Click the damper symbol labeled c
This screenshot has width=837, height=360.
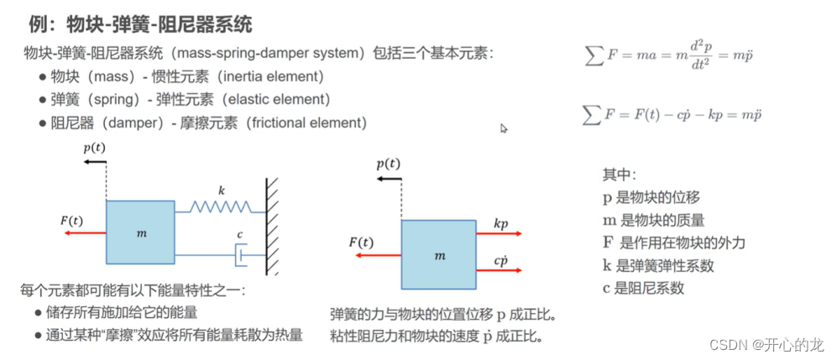pyautogui.click(x=240, y=250)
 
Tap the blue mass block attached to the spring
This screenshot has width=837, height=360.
pyautogui.click(x=140, y=231)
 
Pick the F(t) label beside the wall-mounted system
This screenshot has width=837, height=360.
pyautogui.click(x=71, y=221)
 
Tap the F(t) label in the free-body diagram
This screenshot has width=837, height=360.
pyautogui.click(x=361, y=243)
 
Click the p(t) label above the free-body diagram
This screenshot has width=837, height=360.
pyautogui.click(x=388, y=164)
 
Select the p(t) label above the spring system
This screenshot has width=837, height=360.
pyautogui.click(x=95, y=148)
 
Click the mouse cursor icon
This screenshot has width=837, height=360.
pyautogui.click(x=505, y=128)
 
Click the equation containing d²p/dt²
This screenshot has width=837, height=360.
pyautogui.click(x=670, y=55)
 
